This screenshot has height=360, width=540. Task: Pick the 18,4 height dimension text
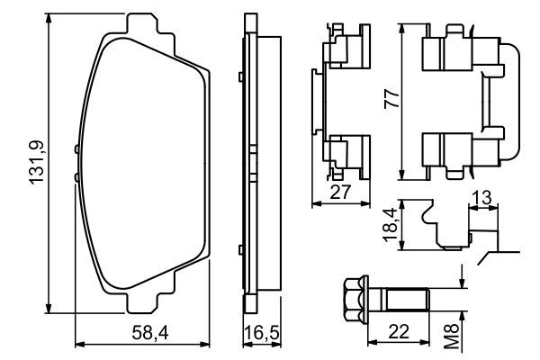[x=390, y=223]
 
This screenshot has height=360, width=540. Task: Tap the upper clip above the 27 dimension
[x=344, y=49]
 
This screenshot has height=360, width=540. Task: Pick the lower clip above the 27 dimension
[x=344, y=151]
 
